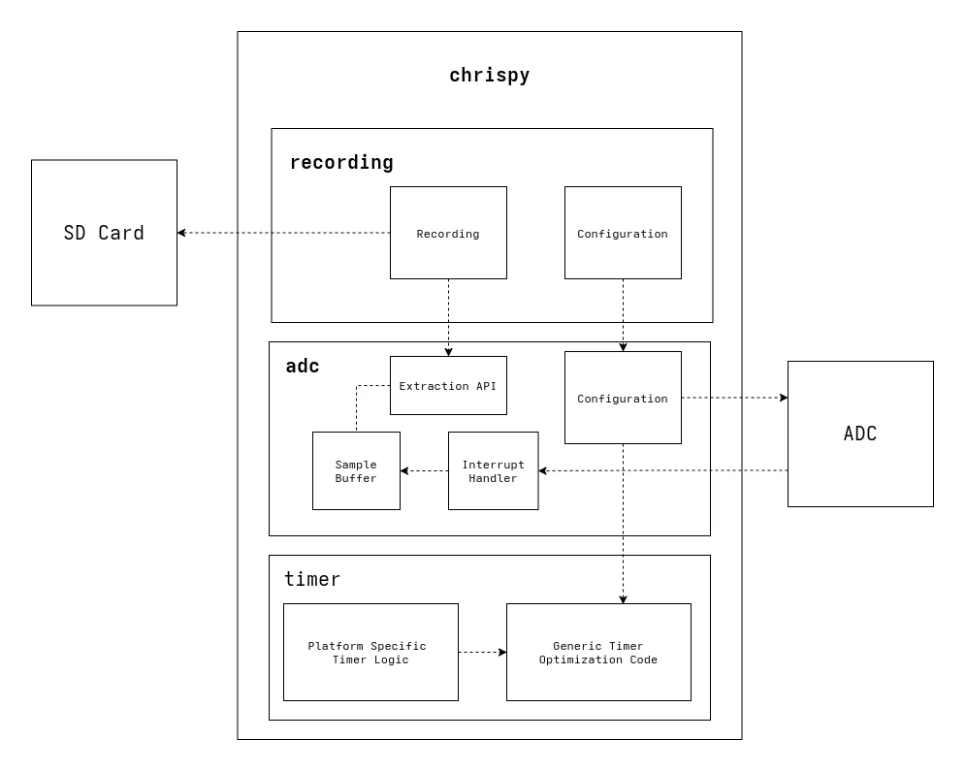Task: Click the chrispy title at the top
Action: pos(489,76)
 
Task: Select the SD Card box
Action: pos(104,233)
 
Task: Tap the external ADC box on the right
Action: pos(859,434)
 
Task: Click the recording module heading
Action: pos(341,162)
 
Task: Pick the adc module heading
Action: pos(302,367)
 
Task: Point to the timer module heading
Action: pos(311,580)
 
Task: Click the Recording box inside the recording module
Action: pos(448,233)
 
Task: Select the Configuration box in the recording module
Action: pos(623,233)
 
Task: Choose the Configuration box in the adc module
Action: pos(623,398)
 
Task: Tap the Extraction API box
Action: pos(448,385)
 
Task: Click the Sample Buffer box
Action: pos(356,471)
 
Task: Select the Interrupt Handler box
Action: pos(493,471)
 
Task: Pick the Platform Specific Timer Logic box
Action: pos(370,652)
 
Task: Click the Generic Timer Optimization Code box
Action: pos(598,652)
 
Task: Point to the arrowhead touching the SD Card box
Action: pos(182,233)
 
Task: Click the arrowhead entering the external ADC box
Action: pos(783,398)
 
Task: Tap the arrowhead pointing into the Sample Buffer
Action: pos(405,471)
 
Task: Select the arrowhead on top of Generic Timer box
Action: pos(623,598)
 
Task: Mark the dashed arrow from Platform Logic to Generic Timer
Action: pos(481,652)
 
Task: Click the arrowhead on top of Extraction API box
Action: pos(448,351)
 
